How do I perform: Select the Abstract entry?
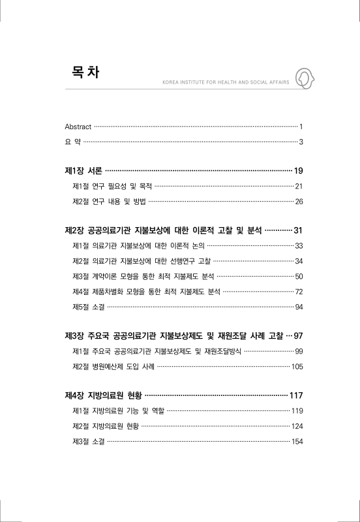pyautogui.click(x=78, y=126)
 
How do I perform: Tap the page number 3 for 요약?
pyautogui.click(x=301, y=142)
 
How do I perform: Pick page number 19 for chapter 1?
pyautogui.click(x=299, y=171)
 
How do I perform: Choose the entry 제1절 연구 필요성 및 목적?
pyautogui.click(x=112, y=186)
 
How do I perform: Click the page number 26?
pyautogui.click(x=299, y=202)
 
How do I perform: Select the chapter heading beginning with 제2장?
pyautogui.click(x=163, y=231)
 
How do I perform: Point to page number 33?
pyautogui.click(x=299, y=246)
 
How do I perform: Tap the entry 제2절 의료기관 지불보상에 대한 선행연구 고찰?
pyautogui.click(x=142, y=261)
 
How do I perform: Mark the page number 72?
pyautogui.click(x=299, y=291)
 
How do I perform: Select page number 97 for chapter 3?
pyautogui.click(x=299, y=336)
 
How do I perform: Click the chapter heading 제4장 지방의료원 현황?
pyautogui.click(x=103, y=396)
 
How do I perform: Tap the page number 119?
pyautogui.click(x=297, y=411)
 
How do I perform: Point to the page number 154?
pyautogui.click(x=297, y=441)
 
